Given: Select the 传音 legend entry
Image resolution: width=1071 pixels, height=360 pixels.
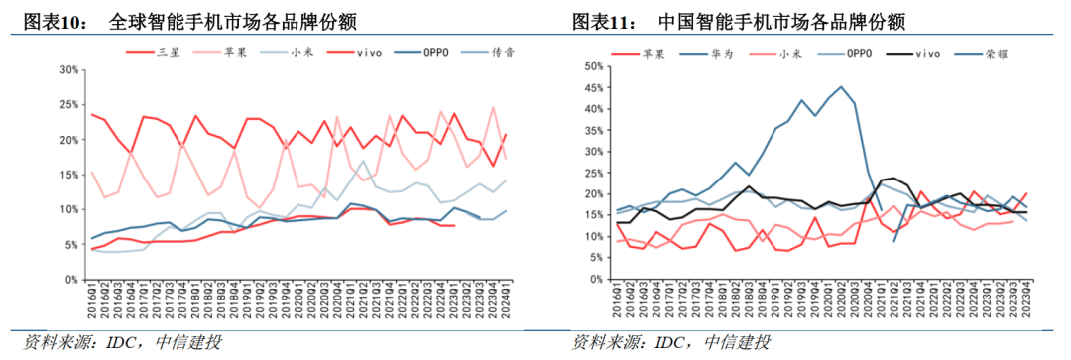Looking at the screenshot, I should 504,51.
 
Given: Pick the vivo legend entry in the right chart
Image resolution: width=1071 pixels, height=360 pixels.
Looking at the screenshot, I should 926,51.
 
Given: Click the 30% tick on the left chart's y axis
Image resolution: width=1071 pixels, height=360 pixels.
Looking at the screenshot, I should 68,70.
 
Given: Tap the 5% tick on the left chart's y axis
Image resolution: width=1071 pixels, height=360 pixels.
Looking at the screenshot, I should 71,244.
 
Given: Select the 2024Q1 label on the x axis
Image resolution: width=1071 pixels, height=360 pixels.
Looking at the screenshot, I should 507,299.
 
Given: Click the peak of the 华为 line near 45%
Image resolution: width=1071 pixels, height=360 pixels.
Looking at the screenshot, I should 842,87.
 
